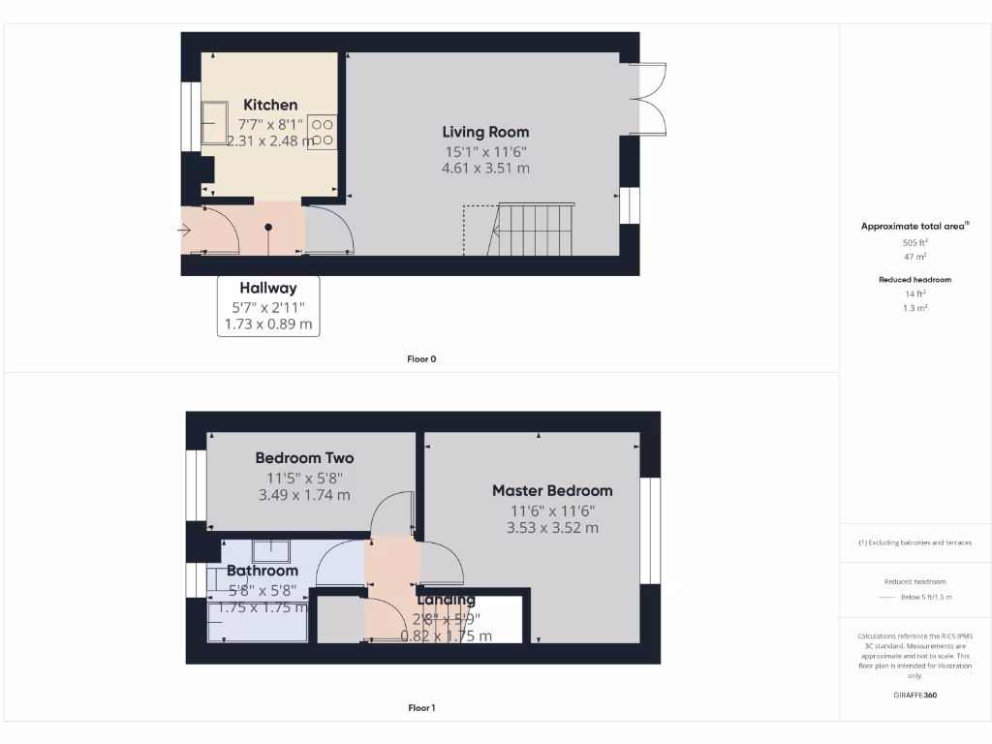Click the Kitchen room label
pos(270,105)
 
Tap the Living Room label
pos(485,132)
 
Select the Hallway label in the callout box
pos(268,288)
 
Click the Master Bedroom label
pos(552,490)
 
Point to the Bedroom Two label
pos(304,457)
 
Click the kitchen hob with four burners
pos(325,131)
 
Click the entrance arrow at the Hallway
pos(185,230)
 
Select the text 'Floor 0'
pos(421,359)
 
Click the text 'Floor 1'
pos(421,708)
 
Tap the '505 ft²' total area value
pos(914,243)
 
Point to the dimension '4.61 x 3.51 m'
pos(485,168)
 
